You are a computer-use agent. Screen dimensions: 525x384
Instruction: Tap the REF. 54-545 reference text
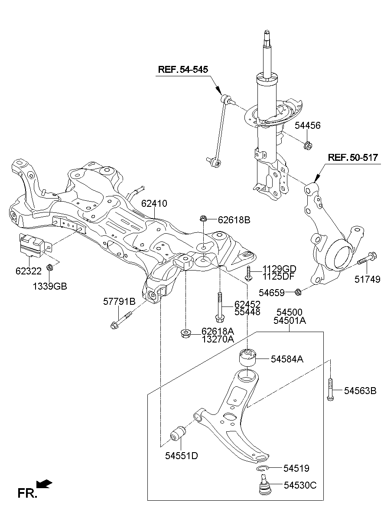coord(182,69)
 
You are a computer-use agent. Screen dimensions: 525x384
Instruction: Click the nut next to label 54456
coord(308,145)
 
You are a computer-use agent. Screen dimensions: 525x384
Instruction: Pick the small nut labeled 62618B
coord(203,218)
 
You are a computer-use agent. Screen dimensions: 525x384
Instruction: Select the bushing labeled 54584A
coord(247,358)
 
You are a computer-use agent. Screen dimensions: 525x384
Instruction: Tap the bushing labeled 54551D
coord(178,433)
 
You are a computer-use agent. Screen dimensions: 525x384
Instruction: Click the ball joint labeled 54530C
coord(265,486)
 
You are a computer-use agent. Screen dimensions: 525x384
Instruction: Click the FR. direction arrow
coord(44,483)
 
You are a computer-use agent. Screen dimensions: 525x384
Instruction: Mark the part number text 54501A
coord(290,321)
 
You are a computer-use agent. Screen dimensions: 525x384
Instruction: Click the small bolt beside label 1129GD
coord(247,273)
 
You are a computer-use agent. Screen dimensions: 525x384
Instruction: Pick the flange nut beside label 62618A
coord(186,334)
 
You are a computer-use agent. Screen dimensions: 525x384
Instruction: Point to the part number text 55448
coord(247,312)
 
